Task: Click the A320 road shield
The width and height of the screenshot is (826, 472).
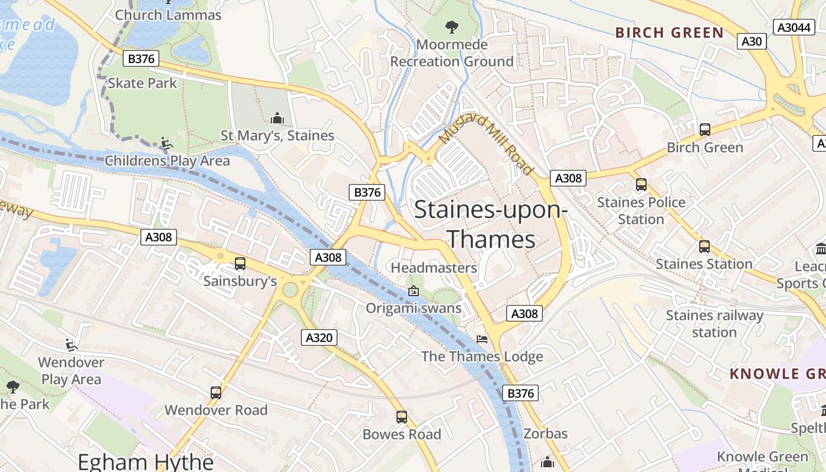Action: pos(320,337)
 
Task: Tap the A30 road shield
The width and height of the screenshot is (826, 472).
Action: pos(752,41)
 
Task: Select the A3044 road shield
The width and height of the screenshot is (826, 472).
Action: pos(794,27)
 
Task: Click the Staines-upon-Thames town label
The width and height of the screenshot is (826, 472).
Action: pos(490,225)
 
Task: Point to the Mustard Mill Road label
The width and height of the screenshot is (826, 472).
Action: pos(486,144)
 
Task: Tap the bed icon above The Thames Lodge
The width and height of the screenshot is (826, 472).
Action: pos(482,339)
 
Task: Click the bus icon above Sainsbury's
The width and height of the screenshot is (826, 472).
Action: pos(240,264)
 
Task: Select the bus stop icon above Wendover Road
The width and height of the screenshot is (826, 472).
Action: pos(216,392)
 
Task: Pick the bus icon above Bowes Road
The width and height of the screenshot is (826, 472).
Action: pos(402,417)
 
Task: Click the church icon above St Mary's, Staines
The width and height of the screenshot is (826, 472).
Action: pos(277,118)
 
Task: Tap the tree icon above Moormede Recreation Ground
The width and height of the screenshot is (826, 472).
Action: pos(452,27)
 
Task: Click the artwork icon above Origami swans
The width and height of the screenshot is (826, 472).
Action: pos(414,291)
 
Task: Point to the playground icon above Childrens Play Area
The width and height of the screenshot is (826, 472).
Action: pos(167,143)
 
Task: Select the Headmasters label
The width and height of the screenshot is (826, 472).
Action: pos(434,268)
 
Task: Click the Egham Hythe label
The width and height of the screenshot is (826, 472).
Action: pos(146,461)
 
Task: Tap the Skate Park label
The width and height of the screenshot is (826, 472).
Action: pos(142,83)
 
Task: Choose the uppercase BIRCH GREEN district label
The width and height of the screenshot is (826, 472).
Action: pos(669,32)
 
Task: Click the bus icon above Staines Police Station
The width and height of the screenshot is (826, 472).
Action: pos(641,185)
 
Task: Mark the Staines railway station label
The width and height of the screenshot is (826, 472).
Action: pos(714,324)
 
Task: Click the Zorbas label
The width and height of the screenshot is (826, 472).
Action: pos(545,434)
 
